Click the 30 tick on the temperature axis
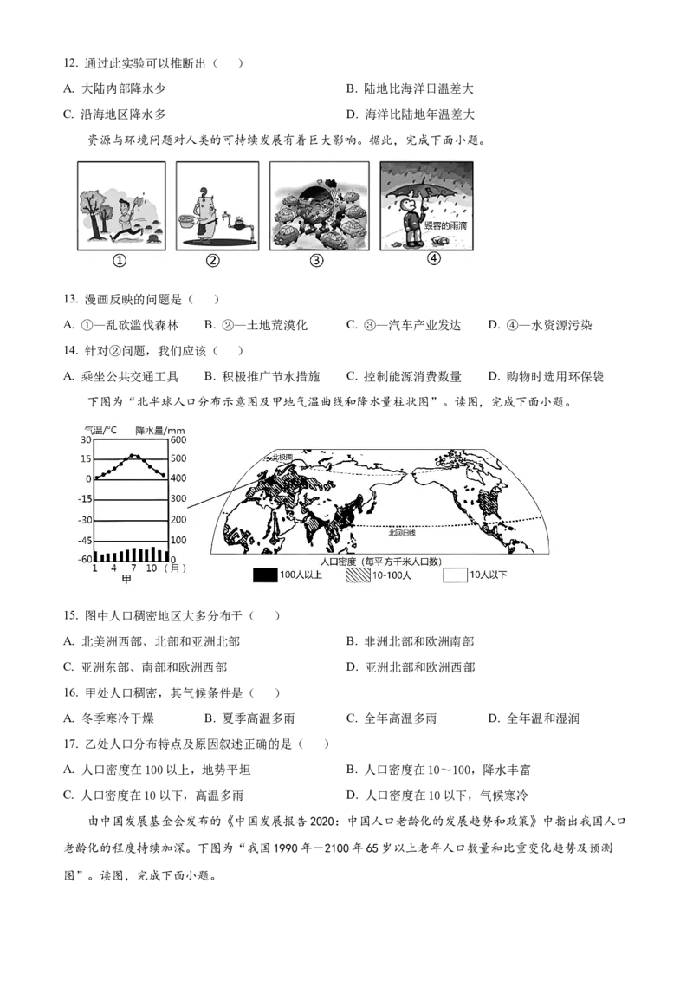(85, 439)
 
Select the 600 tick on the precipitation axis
(178, 439)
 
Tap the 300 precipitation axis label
(178, 499)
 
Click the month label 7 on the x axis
(133, 568)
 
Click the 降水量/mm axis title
(160, 430)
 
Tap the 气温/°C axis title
(100, 430)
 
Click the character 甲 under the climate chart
(126, 580)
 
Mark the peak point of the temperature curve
(133, 455)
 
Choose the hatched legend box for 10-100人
(358, 575)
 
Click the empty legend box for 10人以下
(455, 575)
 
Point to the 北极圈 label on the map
(284, 456)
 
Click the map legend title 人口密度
(340, 562)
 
